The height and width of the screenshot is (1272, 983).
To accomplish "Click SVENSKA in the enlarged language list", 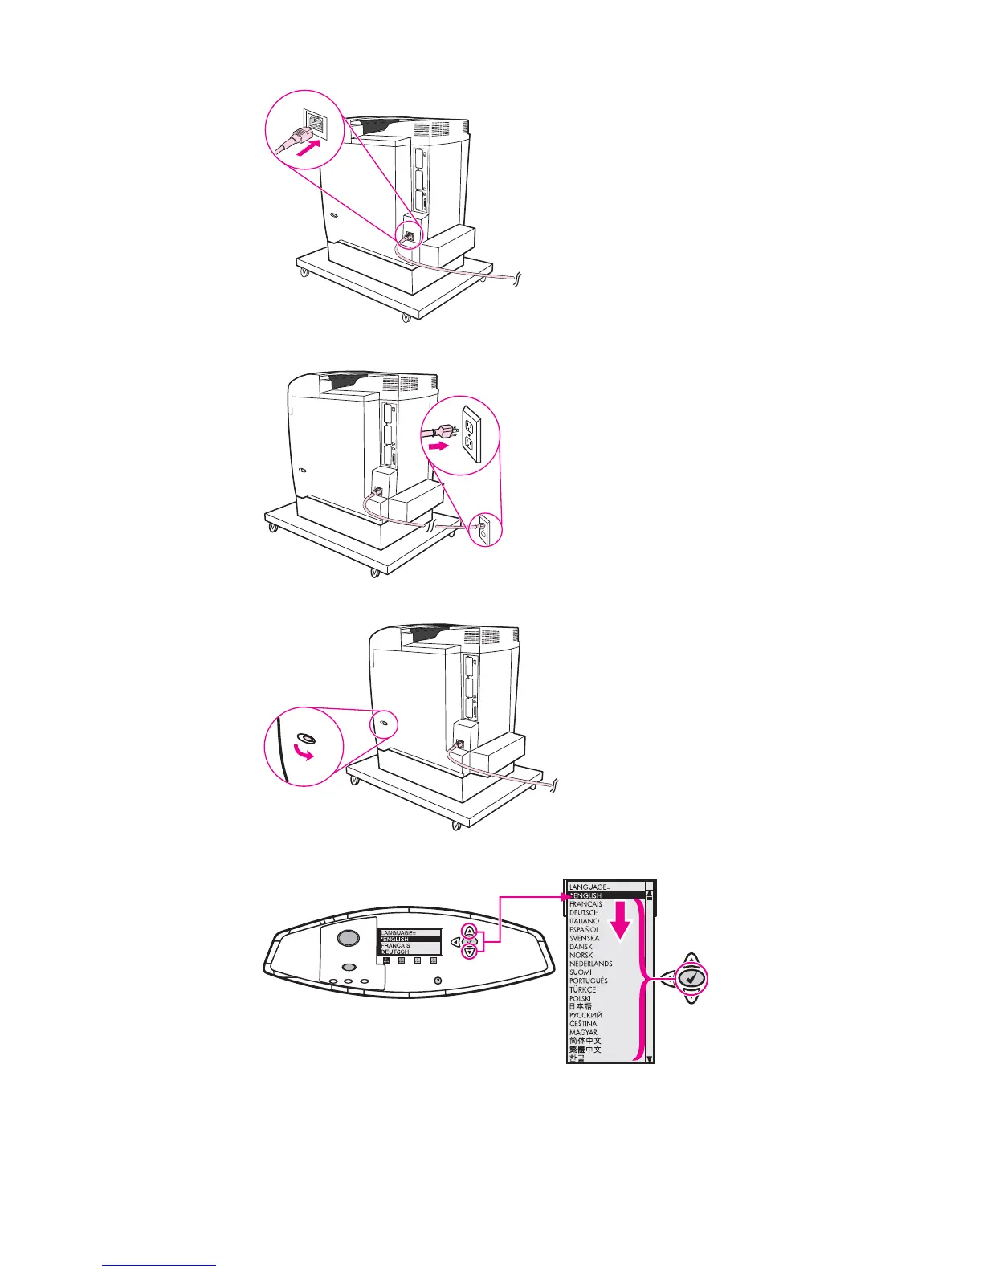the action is (x=584, y=938).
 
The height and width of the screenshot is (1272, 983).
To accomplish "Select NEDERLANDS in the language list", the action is (x=590, y=964).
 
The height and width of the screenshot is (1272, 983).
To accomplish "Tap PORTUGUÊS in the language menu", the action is (x=588, y=980).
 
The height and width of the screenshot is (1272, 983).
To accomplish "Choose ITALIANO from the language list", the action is (x=584, y=921).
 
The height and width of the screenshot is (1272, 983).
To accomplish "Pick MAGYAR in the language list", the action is (x=583, y=1032).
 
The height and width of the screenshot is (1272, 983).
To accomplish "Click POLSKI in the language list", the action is (x=580, y=998).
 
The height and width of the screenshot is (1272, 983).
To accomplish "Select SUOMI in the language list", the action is (x=581, y=972).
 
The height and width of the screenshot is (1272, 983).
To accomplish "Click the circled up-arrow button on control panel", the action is (x=470, y=932).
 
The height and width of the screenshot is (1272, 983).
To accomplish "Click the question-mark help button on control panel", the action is (x=438, y=980).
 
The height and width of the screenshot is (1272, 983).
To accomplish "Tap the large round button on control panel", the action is (x=347, y=938).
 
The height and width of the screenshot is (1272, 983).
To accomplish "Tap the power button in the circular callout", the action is (x=306, y=738).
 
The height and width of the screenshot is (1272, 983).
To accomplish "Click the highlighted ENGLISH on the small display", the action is (x=409, y=939).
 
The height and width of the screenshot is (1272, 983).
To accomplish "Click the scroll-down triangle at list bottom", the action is (x=650, y=1058).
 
